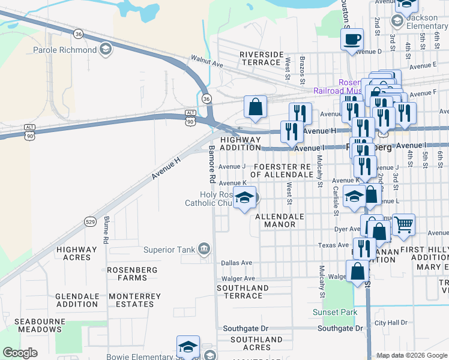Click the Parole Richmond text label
(x=65, y=50)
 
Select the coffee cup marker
(x=352, y=40)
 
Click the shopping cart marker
(x=403, y=225)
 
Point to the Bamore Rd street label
(x=212, y=163)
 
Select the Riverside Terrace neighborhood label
(x=261, y=58)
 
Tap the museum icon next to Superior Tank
(x=204, y=249)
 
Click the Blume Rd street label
(x=106, y=229)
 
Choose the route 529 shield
(x=90, y=222)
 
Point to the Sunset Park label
(x=335, y=313)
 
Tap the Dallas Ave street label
(x=237, y=263)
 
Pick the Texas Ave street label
(x=334, y=245)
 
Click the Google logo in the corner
(x=20, y=353)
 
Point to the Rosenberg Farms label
(x=127, y=274)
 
